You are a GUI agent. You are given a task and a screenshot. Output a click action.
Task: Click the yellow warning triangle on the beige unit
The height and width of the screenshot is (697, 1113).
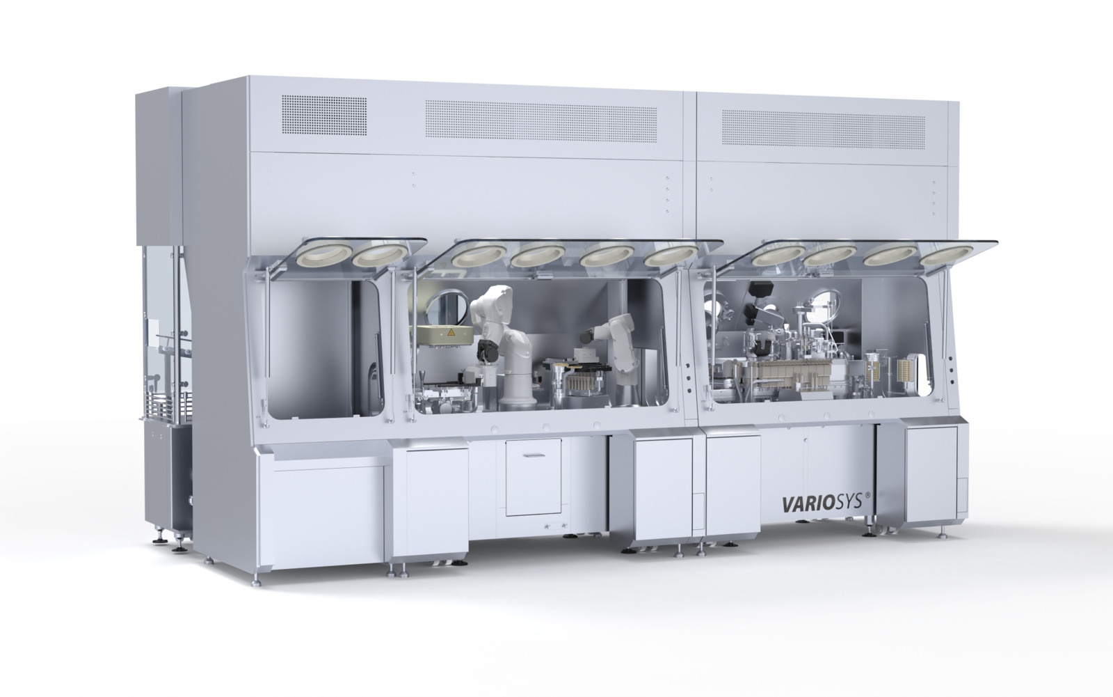point(451,332)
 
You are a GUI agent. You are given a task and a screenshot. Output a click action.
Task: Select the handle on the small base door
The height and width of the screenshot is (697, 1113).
point(534,455)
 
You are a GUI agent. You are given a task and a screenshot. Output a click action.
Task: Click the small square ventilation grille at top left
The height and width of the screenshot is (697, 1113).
point(324,116)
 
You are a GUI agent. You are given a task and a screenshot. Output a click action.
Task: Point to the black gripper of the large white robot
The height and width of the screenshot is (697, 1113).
point(488,351)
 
